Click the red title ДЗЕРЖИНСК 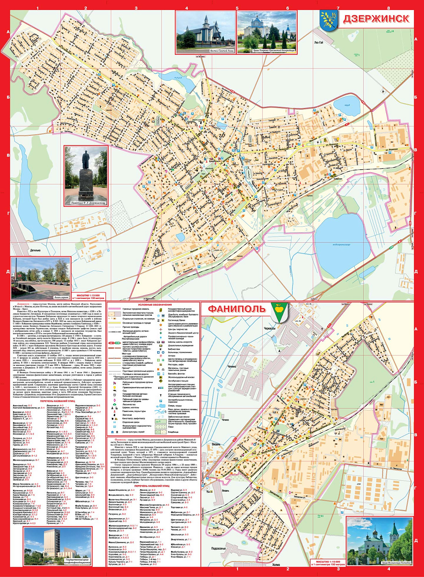(x=376, y=19)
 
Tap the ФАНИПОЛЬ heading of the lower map (x=236, y=309)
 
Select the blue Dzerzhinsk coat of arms (x=328, y=20)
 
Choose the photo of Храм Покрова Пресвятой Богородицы (x=267, y=32)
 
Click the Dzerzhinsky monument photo (x=86, y=175)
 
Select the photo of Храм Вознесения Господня (x=379, y=541)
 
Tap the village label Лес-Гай (x=319, y=43)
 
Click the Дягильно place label (x=35, y=250)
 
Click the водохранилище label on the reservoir (x=341, y=244)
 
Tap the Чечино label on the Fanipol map (x=232, y=367)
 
